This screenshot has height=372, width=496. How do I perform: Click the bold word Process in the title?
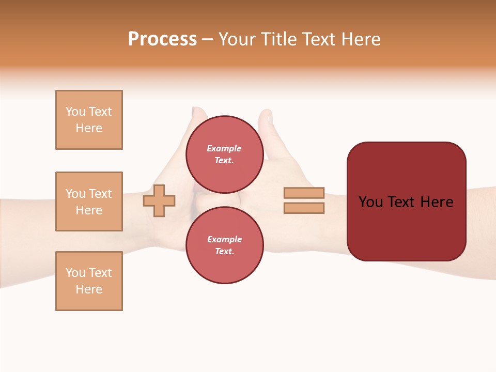[x=162, y=39]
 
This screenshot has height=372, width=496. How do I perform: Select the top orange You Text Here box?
[x=89, y=120]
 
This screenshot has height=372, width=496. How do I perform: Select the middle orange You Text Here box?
[x=89, y=202]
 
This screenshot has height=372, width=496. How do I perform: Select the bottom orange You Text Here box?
[x=89, y=281]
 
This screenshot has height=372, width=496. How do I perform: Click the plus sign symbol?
[x=159, y=200]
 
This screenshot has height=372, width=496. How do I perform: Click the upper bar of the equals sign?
[x=304, y=193]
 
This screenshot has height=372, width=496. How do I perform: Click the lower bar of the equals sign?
[x=304, y=208]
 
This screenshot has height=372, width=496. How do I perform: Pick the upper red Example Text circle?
[x=224, y=154]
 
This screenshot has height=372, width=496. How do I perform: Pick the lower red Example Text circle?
[x=224, y=245]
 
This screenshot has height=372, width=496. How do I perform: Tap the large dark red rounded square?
[x=406, y=202]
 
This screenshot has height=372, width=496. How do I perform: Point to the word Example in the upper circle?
[x=224, y=148]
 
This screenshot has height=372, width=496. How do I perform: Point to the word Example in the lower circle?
[x=224, y=239]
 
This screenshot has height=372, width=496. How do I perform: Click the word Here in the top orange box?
[x=89, y=128]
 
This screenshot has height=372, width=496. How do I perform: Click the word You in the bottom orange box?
[x=75, y=273]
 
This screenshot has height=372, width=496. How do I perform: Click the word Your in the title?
[x=237, y=39]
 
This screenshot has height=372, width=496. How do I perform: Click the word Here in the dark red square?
[x=437, y=202]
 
